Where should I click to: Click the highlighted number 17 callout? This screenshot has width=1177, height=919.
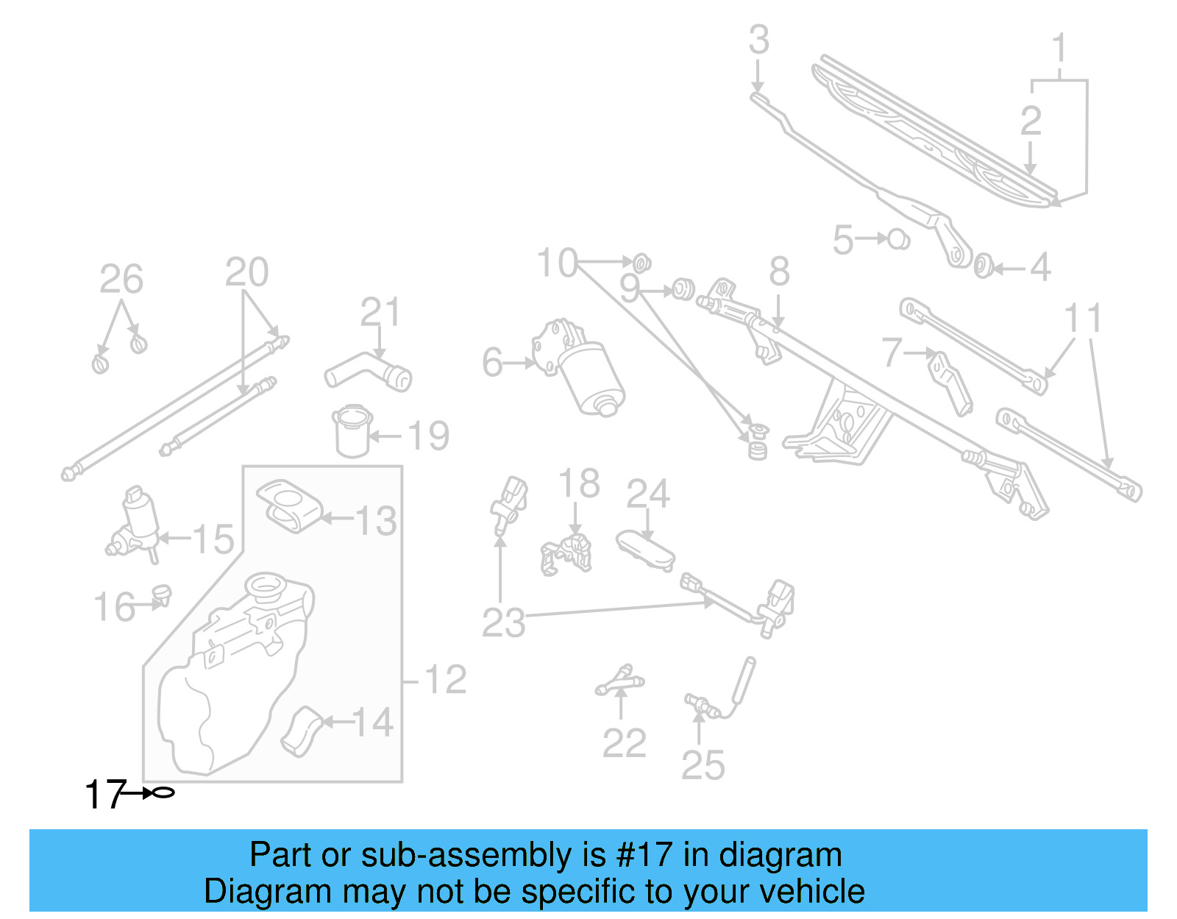[104, 795]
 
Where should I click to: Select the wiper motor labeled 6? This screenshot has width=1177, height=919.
[580, 367]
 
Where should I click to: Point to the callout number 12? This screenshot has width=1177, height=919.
[445, 680]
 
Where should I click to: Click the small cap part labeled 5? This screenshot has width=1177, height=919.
[898, 239]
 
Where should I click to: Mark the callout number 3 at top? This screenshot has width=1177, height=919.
[759, 40]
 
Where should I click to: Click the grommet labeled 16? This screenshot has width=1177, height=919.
[161, 594]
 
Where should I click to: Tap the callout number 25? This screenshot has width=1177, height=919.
[703, 765]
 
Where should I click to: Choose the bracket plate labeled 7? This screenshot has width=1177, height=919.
[950, 382]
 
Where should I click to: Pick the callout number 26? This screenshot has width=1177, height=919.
[121, 280]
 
